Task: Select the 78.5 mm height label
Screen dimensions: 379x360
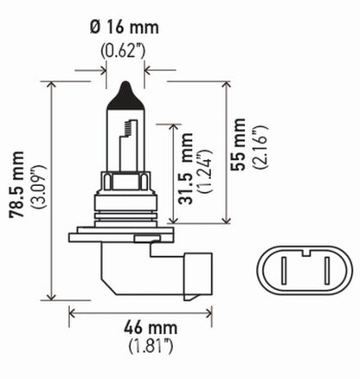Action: click(x=15, y=188)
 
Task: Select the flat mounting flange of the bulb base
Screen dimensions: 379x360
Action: click(x=124, y=231)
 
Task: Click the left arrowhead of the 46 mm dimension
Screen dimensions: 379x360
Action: click(x=72, y=312)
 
